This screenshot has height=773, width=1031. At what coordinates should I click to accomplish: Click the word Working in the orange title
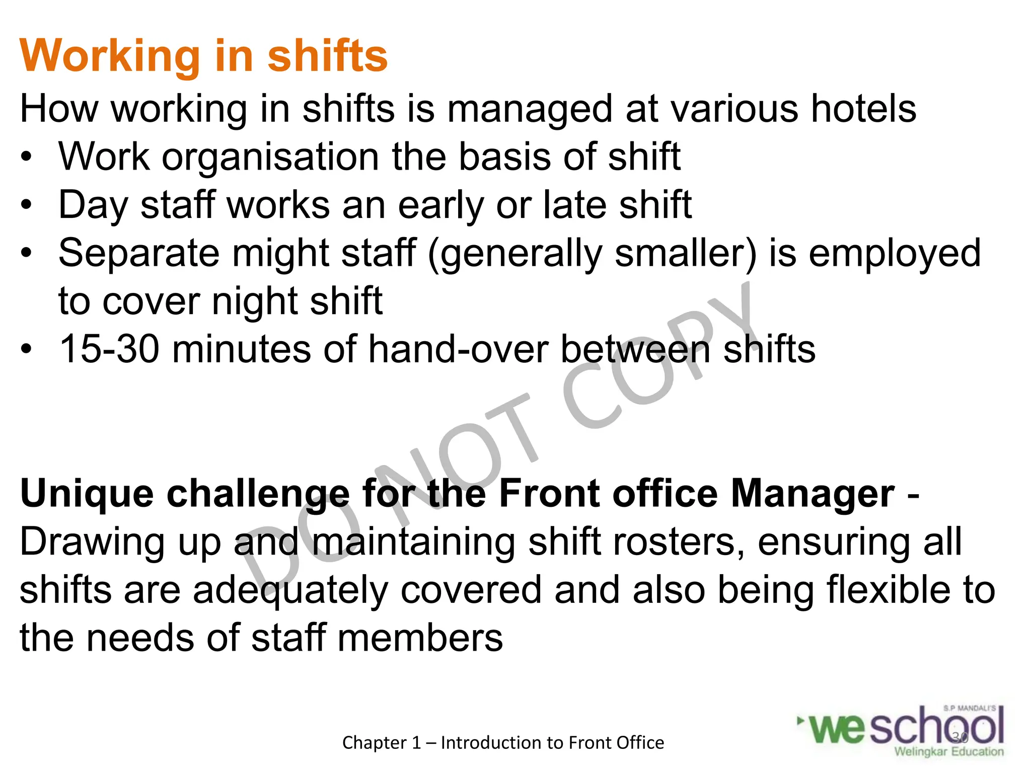pos(110,56)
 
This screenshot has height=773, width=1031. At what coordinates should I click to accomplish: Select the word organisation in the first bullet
pos(270,157)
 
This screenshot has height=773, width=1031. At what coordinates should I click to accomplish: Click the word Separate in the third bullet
pos(139,253)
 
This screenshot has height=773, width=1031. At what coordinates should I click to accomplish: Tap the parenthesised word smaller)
pos(686,253)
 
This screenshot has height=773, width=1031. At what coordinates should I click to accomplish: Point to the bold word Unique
pos(87,494)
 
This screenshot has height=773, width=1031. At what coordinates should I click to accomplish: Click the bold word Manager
pos(812,494)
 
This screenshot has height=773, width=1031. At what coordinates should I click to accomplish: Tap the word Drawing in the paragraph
pos(92,543)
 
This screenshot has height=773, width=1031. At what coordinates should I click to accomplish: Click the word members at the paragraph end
pos(420,638)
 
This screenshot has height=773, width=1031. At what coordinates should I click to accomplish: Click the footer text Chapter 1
pos(381,743)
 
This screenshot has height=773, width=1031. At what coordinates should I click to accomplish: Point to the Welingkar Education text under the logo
pos(948,752)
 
